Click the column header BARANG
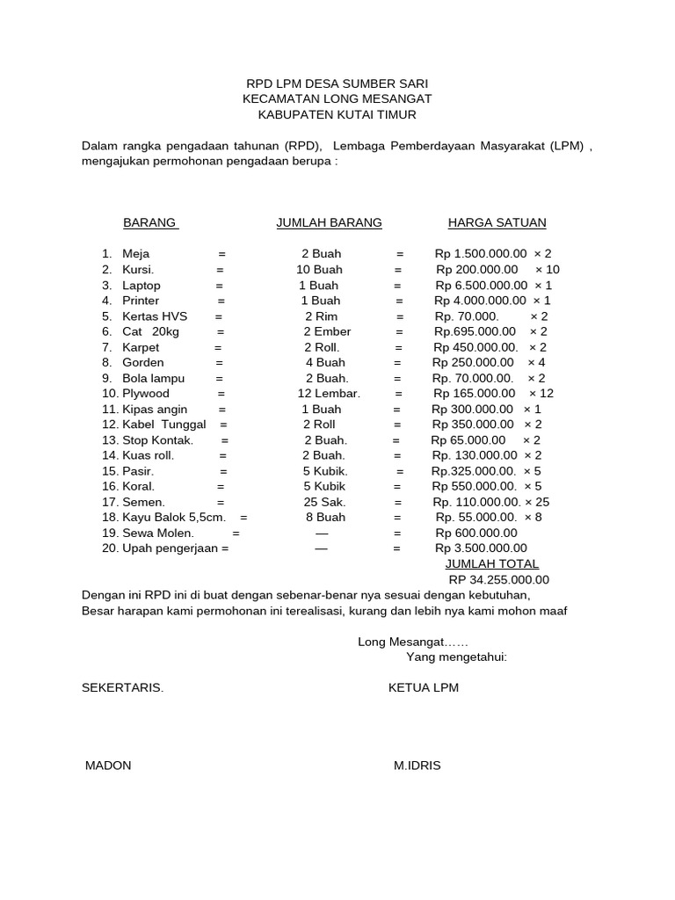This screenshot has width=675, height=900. pos(150,223)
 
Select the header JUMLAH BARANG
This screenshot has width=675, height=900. pos(329,223)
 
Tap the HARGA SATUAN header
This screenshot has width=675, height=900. pos(497,223)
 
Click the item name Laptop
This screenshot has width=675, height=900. pos(142,286)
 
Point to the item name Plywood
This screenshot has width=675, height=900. pos(146,394)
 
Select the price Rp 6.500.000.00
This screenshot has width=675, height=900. pos(482,286)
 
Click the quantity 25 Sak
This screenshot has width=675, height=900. pos(322,502)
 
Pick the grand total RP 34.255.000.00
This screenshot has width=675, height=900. pos(498,580)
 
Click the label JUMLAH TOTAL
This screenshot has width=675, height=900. pos(492,564)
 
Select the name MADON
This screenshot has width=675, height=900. pos(108,766)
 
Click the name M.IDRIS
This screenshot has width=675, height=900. pos(417,766)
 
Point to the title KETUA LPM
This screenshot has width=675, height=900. pos(424,688)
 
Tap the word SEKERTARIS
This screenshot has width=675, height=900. pos(122,688)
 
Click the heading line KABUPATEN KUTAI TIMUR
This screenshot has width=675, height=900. pos(337,115)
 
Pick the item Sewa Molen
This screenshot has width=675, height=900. pos(158,533)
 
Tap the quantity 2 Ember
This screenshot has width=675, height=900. pos(327,332)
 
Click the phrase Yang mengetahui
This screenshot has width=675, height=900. pos(456,657)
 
